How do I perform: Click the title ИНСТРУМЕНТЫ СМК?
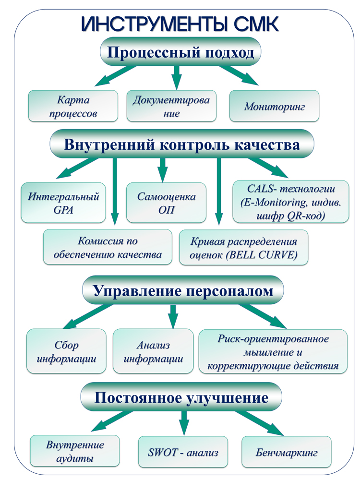pos(180,24)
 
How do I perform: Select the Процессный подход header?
pos(180,52)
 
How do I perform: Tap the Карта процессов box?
pos(73,107)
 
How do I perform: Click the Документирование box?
pos(171,107)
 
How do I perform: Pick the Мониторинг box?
pos(275,107)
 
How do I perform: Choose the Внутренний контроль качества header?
pos(182,144)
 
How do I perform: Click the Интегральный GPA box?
pos(63,203)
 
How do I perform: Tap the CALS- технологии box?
pos(291,201)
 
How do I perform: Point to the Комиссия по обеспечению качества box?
pos(108,247)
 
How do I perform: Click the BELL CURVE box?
pos(243,248)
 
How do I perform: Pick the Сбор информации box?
pos(66,351)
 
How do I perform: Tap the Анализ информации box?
pos(153,351)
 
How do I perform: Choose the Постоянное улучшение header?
pos(180,397)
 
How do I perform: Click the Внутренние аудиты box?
pos(75,451)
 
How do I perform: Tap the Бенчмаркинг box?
pos(287,452)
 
